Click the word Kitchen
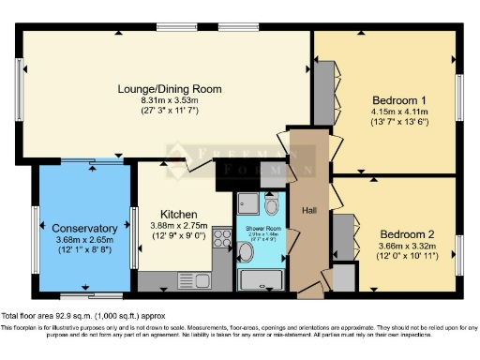tap(178, 214)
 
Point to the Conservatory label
tap(85, 228)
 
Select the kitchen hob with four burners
tap(223, 238)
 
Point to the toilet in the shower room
tap(272, 205)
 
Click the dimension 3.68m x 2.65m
tap(85, 240)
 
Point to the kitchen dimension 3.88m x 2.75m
tap(178, 226)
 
